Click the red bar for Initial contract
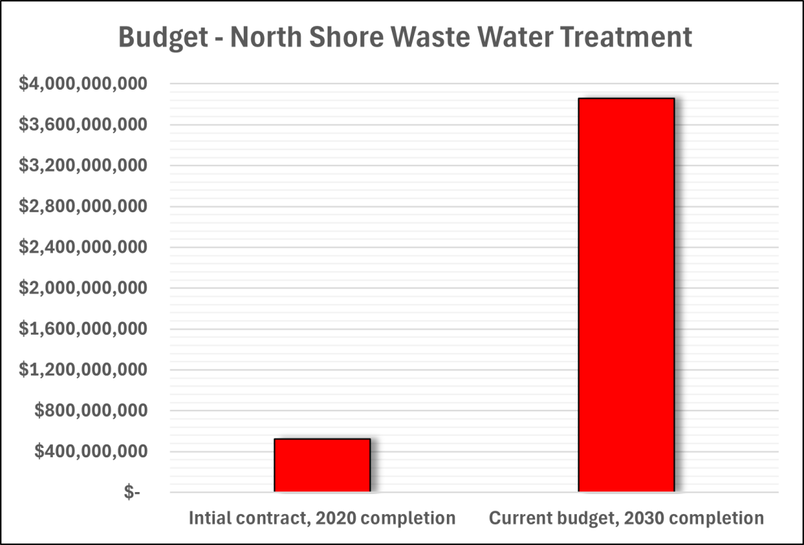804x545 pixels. click(x=322, y=465)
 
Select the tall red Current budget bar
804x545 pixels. click(x=626, y=295)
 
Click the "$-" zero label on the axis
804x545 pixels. click(x=133, y=493)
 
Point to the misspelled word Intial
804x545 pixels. click(x=210, y=518)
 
